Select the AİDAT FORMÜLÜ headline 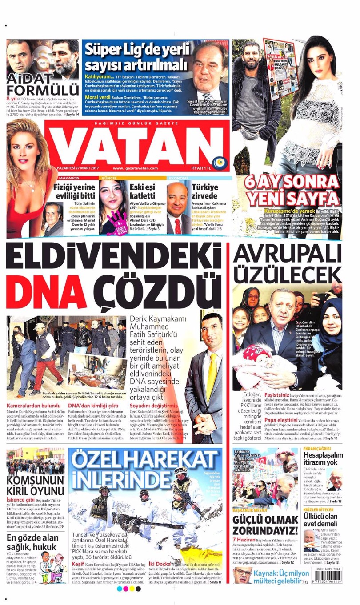(43, 84)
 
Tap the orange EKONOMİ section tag (176, 178)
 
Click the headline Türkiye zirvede (204, 191)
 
